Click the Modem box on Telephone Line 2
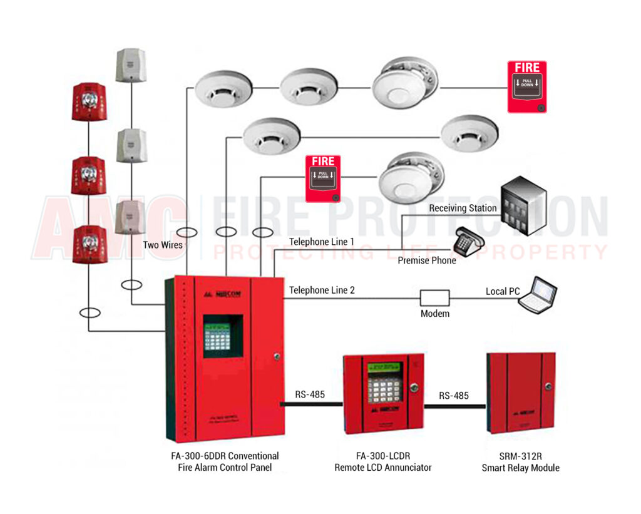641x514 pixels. pyautogui.click(x=434, y=297)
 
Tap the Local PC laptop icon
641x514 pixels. pyautogui.click(x=538, y=294)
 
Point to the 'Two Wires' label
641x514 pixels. pyautogui.click(x=162, y=245)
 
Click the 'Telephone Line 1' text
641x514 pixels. pyautogui.click(x=321, y=242)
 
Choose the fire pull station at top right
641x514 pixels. pyautogui.click(x=526, y=86)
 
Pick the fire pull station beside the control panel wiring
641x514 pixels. pyautogui.click(x=323, y=178)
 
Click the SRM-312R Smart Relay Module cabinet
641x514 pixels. pyautogui.click(x=521, y=393)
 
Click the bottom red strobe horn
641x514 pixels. pyautogui.click(x=89, y=244)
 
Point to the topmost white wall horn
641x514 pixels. pyautogui.click(x=131, y=65)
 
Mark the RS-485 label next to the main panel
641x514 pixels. pyautogui.click(x=310, y=394)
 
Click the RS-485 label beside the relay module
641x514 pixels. pyautogui.click(x=453, y=395)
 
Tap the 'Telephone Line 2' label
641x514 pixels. pyautogui.click(x=322, y=290)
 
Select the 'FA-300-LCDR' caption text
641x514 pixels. pyautogui.click(x=382, y=456)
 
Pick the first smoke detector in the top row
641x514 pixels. pyautogui.click(x=223, y=88)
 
